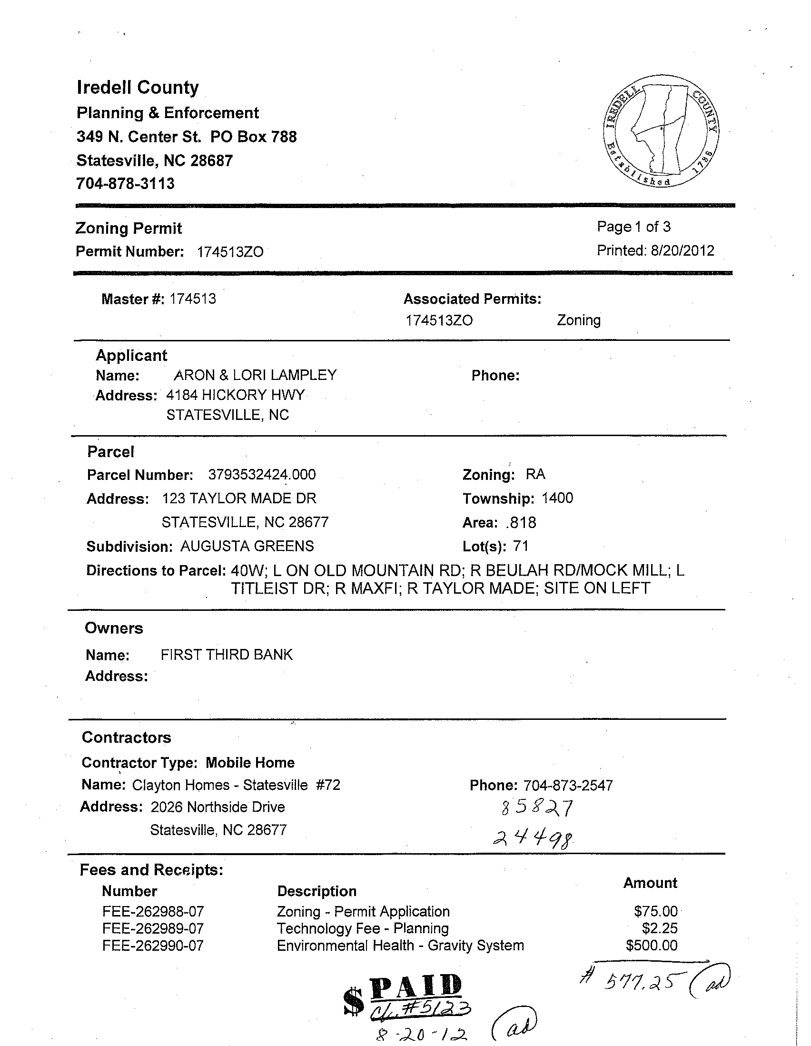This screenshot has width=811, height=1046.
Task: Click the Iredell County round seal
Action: point(661,131)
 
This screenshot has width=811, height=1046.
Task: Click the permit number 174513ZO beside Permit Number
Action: point(230,252)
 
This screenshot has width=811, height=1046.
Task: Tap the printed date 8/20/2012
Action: point(682,250)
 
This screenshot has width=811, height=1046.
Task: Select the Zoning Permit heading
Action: point(129,228)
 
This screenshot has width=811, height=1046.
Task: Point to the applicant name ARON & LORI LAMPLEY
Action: point(255,375)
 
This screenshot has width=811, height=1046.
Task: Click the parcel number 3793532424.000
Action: point(262,475)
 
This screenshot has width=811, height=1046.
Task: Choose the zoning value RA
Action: point(535,474)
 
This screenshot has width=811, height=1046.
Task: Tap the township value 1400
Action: point(557,498)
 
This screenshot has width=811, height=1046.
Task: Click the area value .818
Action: point(521,522)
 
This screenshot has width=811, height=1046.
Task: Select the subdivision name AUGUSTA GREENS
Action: point(247,546)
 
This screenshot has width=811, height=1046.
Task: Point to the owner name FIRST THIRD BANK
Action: point(227,655)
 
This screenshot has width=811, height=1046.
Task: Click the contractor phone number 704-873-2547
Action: point(568,786)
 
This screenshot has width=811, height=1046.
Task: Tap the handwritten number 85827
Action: point(536,808)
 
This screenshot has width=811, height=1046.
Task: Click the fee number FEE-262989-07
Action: point(153,928)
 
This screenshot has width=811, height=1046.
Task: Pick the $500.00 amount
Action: point(652,945)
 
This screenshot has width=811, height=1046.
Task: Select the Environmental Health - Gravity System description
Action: point(400,945)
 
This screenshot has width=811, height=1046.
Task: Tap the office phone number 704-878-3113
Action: point(126,183)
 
